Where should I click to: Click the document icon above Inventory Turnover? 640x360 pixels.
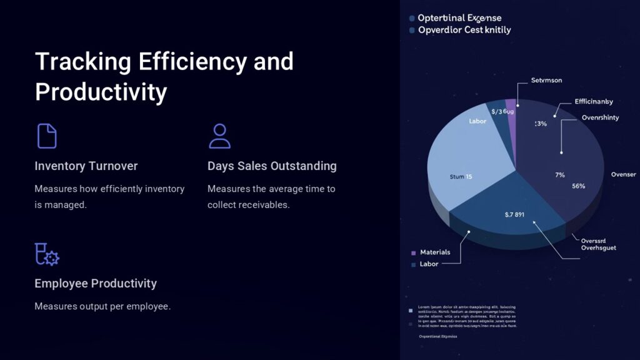tap(47, 136)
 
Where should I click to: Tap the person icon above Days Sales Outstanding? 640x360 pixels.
tap(219, 136)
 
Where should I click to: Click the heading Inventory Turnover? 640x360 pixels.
tap(86, 166)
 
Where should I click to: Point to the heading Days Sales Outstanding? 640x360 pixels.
tap(272, 166)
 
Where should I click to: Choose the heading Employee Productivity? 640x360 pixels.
tap(96, 283)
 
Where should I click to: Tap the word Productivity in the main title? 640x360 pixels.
tap(101, 92)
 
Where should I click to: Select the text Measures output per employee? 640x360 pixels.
tap(102, 306)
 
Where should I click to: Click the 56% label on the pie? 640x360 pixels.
tap(578, 186)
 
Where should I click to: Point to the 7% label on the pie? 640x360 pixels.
tap(560, 175)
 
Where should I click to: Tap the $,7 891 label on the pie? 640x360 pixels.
tap(514, 214)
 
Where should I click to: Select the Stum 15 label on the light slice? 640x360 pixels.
tap(461, 177)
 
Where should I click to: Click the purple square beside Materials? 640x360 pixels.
tap(413, 252)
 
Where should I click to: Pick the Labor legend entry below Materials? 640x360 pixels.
tap(429, 264)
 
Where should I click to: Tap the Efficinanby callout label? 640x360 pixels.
tap(593, 101)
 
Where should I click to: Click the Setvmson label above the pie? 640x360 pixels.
tap(546, 80)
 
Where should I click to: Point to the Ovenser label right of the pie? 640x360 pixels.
tap(623, 174)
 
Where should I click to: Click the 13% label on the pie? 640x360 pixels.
tap(541, 124)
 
